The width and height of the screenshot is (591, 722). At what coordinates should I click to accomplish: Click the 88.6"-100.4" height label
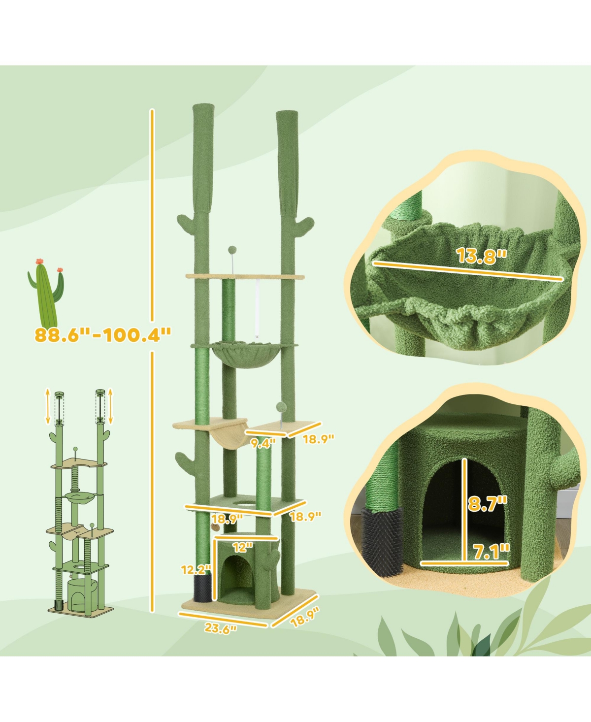(103, 334)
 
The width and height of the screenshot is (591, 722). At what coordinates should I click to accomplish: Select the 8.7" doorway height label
(487, 503)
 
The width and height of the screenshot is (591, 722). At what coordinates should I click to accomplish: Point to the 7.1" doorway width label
(491, 552)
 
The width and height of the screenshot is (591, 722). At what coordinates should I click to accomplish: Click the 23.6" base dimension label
(220, 628)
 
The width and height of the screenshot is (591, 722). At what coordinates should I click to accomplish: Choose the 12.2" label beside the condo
(196, 570)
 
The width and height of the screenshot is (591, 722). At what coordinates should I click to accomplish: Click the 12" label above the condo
(242, 547)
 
